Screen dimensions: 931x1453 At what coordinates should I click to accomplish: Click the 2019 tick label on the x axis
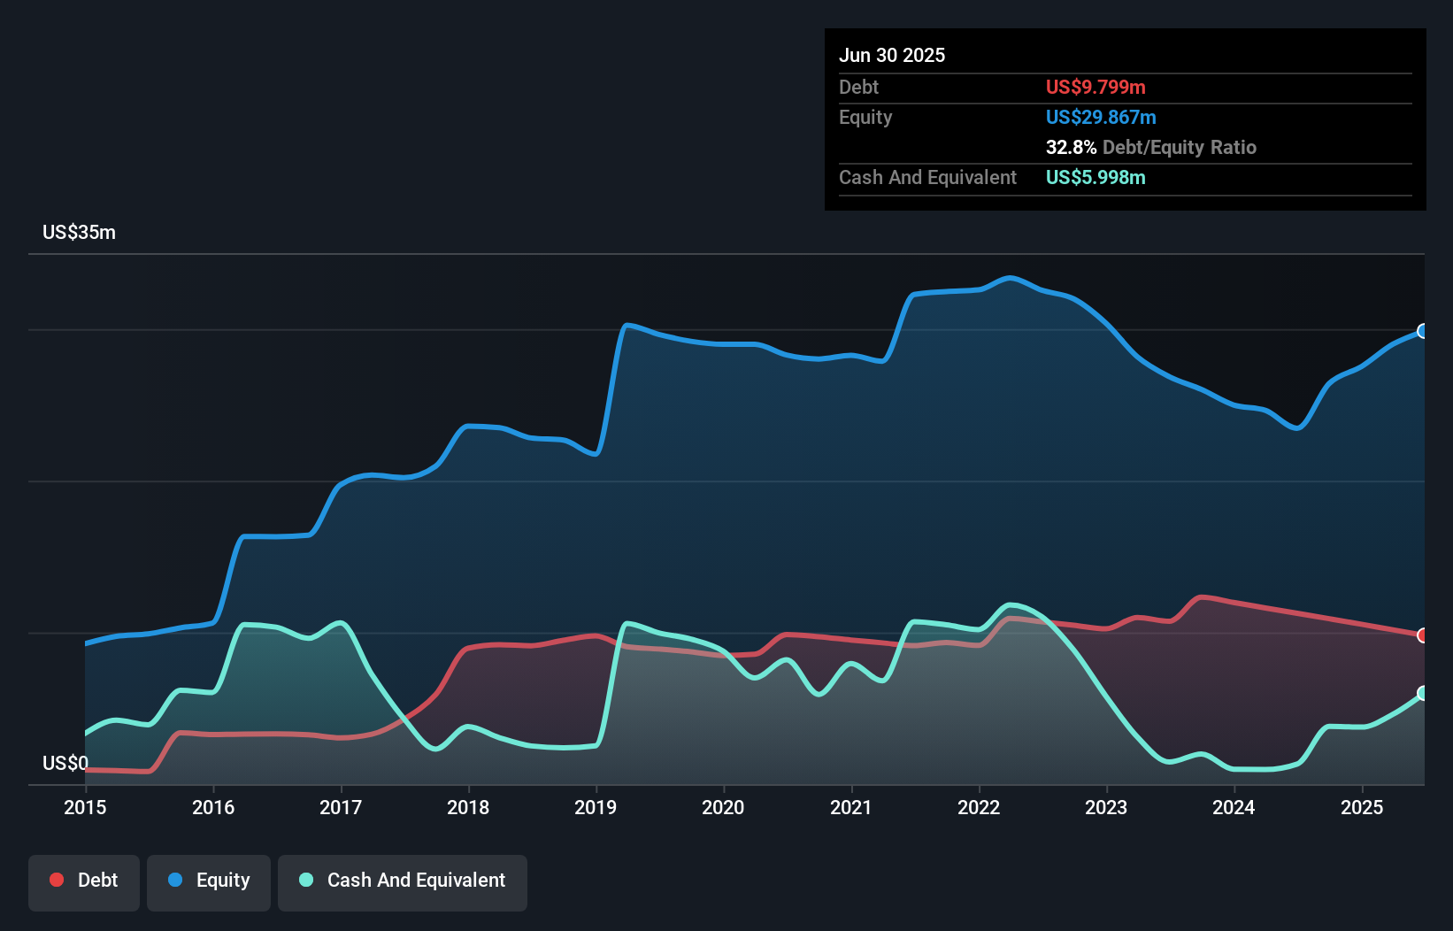click(x=596, y=807)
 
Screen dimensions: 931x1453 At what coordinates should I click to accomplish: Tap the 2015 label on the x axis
click(x=85, y=807)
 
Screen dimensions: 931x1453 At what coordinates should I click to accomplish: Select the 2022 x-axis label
click(x=979, y=807)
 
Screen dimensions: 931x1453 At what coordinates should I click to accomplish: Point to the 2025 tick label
click(x=1361, y=807)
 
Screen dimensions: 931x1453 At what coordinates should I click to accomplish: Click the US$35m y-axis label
click(x=79, y=232)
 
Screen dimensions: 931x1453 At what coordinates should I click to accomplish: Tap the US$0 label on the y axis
click(x=65, y=763)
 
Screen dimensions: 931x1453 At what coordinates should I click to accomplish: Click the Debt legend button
click(x=84, y=881)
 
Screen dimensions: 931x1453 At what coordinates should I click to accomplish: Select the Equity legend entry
click(x=209, y=881)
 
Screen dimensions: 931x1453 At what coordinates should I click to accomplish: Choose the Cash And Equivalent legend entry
click(x=403, y=881)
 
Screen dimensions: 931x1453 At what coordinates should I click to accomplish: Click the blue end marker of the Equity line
click(x=1423, y=331)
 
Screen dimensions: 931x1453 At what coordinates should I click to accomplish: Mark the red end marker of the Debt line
click(x=1423, y=635)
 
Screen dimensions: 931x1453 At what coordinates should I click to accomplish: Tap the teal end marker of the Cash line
click(x=1423, y=693)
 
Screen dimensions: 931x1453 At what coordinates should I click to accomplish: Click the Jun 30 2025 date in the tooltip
click(x=892, y=55)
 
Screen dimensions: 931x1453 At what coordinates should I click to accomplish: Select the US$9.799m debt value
click(x=1096, y=87)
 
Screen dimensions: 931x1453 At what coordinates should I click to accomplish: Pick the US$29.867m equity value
click(x=1101, y=117)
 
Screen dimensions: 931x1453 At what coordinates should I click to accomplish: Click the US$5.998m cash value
click(x=1096, y=177)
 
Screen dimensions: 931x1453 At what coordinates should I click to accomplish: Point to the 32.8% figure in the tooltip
click(x=1071, y=147)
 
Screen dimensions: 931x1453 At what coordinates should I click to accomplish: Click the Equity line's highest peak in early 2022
click(x=1011, y=278)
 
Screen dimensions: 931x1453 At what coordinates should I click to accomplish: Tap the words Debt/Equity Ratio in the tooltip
click(x=1180, y=147)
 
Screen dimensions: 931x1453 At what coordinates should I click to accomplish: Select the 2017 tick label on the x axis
click(x=341, y=807)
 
